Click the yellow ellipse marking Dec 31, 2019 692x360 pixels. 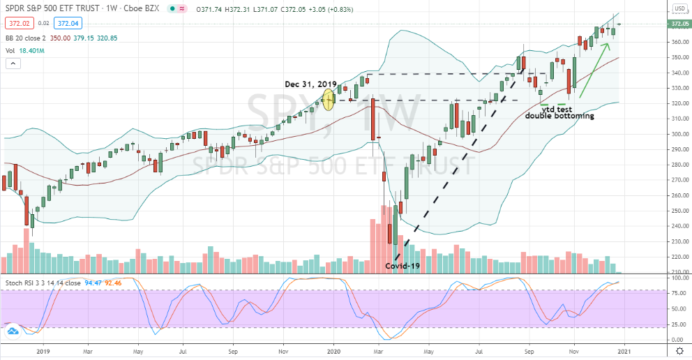329,99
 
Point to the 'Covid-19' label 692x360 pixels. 403,267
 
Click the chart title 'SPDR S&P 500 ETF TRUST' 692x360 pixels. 52,9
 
